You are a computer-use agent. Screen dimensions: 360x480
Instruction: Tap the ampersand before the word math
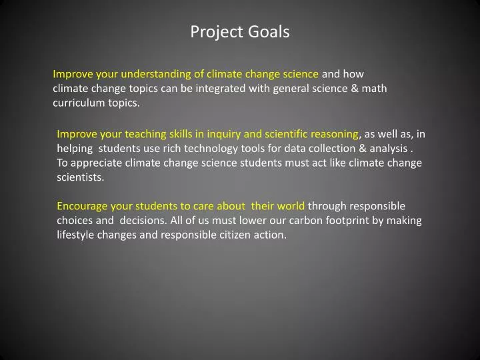click(353, 88)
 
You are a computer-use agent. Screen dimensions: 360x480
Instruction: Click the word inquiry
click(231, 133)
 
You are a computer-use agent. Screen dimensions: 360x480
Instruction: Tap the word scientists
click(81, 177)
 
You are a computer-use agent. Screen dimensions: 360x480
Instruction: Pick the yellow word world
click(291, 206)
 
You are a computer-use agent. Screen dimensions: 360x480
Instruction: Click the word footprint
click(338, 221)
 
